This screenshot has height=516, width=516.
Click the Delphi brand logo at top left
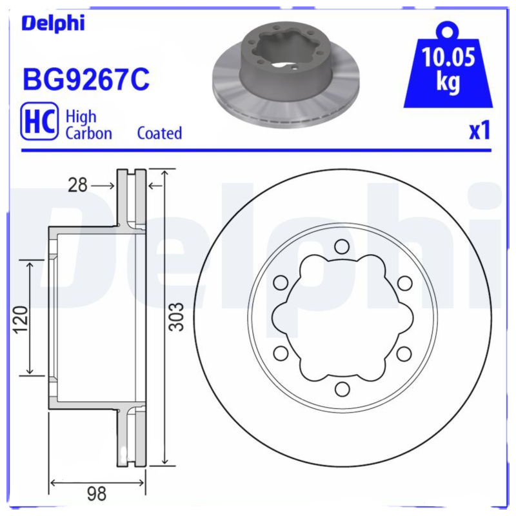tap(53, 23)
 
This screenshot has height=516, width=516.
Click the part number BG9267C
tap(86, 79)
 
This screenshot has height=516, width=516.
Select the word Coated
tap(159, 134)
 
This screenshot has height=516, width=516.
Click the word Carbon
tap(89, 134)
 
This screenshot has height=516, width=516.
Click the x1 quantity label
tap(479, 131)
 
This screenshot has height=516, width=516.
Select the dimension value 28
tap(77, 186)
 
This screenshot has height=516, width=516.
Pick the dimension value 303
tap(179, 317)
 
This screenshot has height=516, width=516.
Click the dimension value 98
tap(96, 495)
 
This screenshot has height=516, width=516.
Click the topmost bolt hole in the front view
tap(342, 246)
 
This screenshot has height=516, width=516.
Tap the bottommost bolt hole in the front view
tap(342, 389)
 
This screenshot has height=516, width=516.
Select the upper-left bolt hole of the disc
tap(281, 282)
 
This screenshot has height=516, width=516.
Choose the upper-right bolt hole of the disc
tap(404, 282)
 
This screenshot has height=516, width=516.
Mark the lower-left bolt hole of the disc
tap(281, 353)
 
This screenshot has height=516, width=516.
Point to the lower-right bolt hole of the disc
tap(404, 353)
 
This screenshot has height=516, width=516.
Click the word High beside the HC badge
tap(81, 117)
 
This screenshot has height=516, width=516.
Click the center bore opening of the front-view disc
tap(342, 317)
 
